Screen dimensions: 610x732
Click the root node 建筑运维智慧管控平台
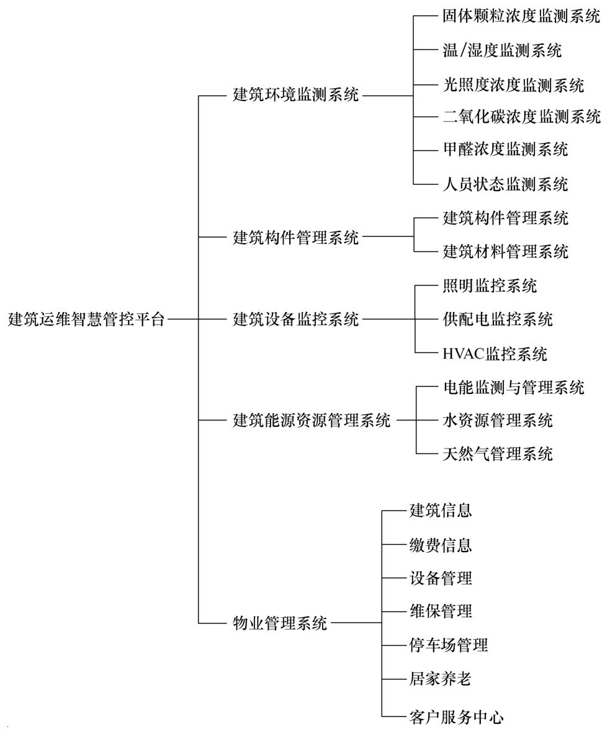(x=87, y=319)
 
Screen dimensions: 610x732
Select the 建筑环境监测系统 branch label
(x=296, y=95)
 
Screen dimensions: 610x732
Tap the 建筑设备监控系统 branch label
(x=296, y=319)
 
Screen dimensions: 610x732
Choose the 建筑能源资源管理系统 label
(x=312, y=421)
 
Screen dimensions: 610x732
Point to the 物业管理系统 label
(x=280, y=623)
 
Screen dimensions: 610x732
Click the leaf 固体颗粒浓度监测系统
(x=522, y=16)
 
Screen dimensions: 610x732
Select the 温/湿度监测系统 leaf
(x=503, y=50)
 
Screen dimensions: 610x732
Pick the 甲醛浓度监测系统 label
(x=506, y=150)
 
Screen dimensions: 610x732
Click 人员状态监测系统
(x=506, y=184)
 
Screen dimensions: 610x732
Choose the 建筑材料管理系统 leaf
(x=506, y=252)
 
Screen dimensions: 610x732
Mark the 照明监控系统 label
(x=490, y=286)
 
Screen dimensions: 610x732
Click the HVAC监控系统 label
(x=495, y=354)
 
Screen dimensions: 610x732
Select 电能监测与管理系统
(x=514, y=388)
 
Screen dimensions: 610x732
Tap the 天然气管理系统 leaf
(x=498, y=454)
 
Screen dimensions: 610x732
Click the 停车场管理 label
(x=449, y=646)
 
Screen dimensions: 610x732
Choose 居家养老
(x=441, y=679)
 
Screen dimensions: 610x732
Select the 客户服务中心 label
(x=457, y=717)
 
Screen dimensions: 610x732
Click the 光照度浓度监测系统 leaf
(x=514, y=85)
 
